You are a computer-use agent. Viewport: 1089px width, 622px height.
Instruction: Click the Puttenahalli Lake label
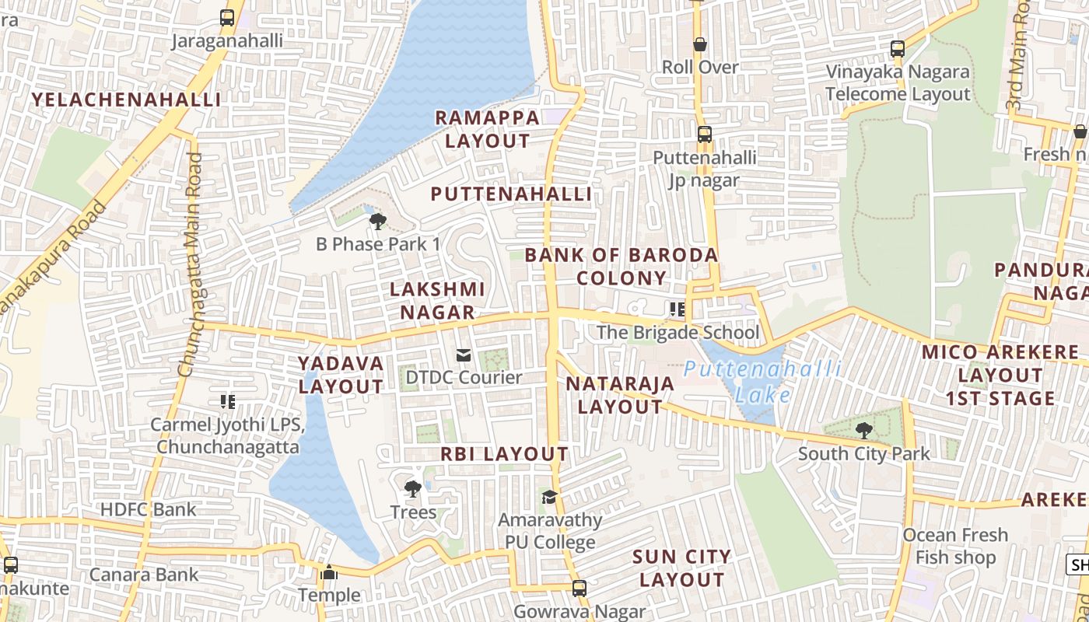762,381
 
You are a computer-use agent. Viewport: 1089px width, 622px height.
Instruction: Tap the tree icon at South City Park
863,430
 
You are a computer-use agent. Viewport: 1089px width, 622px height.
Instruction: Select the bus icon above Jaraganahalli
226,17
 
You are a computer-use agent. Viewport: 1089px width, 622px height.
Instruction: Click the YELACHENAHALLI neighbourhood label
126,100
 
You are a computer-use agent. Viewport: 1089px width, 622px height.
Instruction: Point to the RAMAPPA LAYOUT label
487,129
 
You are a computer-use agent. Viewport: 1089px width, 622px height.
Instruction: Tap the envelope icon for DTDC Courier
464,355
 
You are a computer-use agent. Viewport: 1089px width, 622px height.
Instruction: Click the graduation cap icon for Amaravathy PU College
550,497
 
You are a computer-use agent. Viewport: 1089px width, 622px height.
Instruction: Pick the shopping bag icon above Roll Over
700,44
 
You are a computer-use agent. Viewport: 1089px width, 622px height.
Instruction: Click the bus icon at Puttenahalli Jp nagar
704,134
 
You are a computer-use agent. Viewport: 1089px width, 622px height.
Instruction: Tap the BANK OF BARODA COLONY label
622,266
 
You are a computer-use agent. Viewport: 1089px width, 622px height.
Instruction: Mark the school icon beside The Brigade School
677,309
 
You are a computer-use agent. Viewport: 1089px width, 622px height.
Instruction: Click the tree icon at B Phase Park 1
378,222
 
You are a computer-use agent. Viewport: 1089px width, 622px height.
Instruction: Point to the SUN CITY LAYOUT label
681,568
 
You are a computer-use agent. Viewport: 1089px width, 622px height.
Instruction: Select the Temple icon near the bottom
329,573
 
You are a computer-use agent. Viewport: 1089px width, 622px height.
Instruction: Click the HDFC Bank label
149,510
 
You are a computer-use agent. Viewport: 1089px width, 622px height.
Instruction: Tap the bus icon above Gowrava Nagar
579,588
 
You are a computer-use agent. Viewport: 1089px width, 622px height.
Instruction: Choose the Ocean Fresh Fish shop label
955,546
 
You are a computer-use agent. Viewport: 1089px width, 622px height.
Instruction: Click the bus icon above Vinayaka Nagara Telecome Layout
898,49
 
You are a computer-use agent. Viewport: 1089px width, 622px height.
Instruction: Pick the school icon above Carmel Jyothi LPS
227,402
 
